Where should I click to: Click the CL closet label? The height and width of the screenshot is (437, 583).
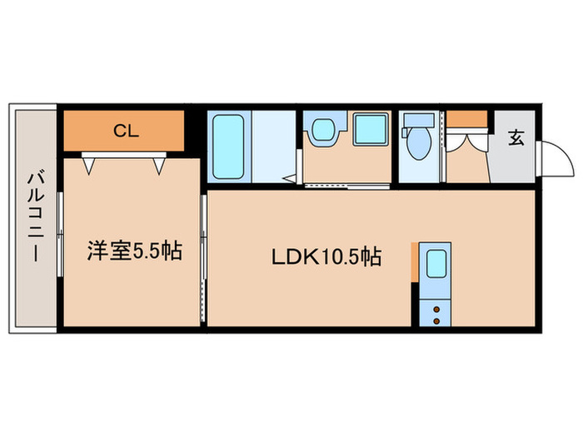click(x=126, y=131)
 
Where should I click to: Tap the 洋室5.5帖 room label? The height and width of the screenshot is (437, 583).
click(x=135, y=251)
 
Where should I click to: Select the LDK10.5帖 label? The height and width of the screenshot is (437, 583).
click(x=326, y=256)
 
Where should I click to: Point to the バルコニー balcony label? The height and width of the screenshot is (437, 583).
click(x=36, y=217)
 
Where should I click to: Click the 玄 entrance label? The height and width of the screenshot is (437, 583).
click(x=516, y=137)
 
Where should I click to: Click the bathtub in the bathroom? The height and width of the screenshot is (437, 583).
click(x=228, y=146)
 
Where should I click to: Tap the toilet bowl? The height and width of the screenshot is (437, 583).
click(x=418, y=143)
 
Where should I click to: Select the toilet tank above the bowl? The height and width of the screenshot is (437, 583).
click(x=419, y=120)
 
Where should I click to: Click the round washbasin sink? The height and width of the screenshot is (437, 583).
click(x=323, y=130)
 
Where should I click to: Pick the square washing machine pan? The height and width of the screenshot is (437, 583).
click(x=371, y=128)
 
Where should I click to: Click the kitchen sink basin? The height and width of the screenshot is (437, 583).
click(x=436, y=264)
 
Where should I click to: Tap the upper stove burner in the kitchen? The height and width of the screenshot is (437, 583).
click(x=436, y=309)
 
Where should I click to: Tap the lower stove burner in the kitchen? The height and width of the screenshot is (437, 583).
click(x=436, y=320)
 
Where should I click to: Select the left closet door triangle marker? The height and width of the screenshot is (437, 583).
click(x=88, y=166)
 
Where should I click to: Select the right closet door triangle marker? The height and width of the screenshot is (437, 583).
click(x=159, y=166)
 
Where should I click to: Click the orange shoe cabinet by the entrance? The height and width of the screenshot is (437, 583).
click(x=466, y=118)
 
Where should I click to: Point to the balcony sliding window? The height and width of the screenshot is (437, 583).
click(x=60, y=234)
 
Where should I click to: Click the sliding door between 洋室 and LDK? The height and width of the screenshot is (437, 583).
click(x=203, y=258)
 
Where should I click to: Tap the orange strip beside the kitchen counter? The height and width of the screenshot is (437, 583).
click(x=415, y=262)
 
